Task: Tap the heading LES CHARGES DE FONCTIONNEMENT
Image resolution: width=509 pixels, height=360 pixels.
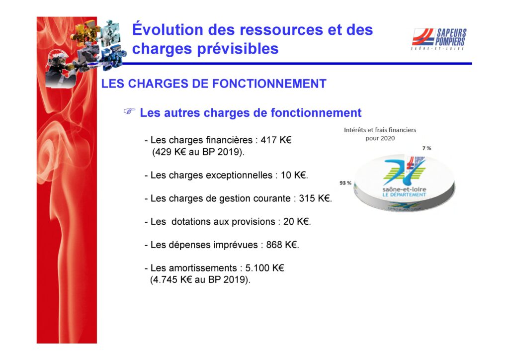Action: click(x=214, y=84)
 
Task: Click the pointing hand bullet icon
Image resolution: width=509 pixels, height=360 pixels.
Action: click(x=129, y=111)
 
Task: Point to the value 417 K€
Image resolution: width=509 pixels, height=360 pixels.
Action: click(x=276, y=140)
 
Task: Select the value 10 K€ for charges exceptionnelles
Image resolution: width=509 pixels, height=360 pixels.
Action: click(x=294, y=175)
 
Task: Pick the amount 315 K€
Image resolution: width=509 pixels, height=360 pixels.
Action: click(x=315, y=198)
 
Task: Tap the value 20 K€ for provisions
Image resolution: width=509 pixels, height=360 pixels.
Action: click(x=296, y=221)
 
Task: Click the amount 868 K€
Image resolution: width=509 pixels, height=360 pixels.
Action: click(x=282, y=245)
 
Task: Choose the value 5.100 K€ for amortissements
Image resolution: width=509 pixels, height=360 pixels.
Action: click(x=264, y=268)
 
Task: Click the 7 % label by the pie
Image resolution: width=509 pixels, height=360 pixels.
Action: click(x=426, y=148)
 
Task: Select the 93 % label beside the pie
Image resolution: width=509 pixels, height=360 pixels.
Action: click(x=345, y=183)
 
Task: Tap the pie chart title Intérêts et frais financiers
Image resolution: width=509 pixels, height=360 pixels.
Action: click(x=380, y=130)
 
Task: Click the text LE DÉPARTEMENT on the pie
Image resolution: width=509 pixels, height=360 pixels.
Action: click(x=404, y=195)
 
